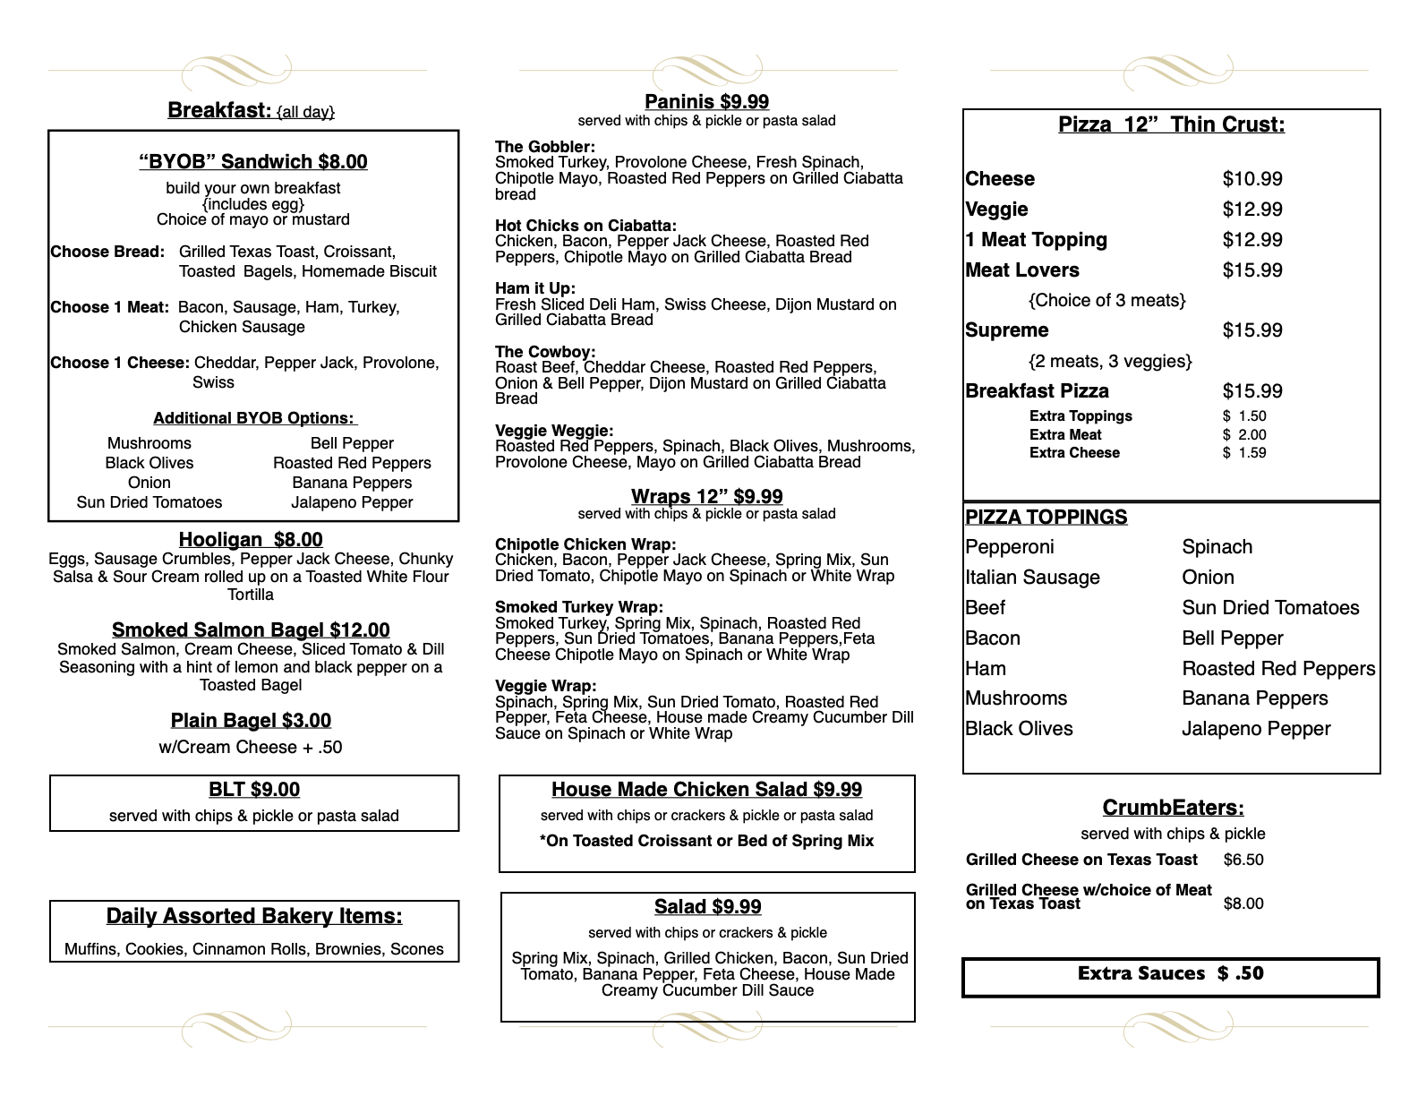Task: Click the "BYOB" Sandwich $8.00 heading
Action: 253,162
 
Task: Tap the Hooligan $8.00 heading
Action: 251,540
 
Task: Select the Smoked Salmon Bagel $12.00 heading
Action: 251,630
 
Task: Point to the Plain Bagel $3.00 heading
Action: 251,721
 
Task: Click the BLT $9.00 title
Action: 254,790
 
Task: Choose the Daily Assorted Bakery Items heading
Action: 254,917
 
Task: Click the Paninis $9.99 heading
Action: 706,102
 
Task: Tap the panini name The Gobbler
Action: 545,147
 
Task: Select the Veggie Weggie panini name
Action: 554,431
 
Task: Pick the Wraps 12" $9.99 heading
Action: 706,497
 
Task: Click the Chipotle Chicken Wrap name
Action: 585,544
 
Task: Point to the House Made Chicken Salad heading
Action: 706,790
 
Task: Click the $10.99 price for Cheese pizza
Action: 1252,179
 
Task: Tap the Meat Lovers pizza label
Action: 1022,270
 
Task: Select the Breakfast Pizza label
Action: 1037,391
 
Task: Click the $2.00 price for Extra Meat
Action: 1244,435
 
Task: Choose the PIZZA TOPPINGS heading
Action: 1046,518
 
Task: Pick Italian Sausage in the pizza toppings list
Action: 1032,578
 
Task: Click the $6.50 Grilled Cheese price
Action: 1243,861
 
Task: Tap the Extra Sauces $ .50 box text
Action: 1170,974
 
